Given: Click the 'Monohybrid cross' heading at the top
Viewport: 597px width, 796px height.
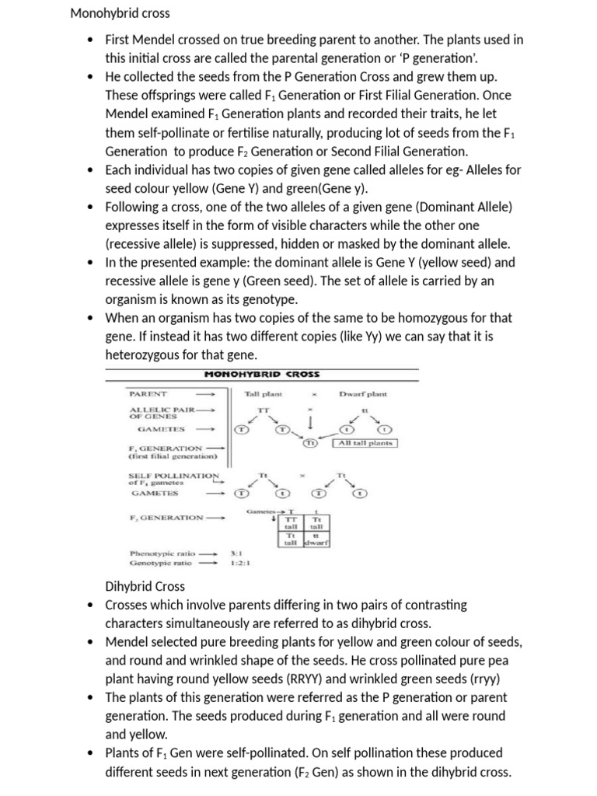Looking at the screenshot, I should click(x=120, y=13).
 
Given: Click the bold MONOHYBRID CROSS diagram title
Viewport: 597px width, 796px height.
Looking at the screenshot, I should click(x=261, y=374).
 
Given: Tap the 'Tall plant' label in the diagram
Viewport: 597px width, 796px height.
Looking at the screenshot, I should click(x=264, y=394).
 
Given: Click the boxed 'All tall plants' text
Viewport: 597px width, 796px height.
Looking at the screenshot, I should click(x=365, y=442).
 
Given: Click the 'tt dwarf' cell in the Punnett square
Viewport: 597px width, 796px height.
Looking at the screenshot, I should click(x=316, y=539).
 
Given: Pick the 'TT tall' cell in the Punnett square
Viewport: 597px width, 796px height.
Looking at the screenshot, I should click(x=292, y=522).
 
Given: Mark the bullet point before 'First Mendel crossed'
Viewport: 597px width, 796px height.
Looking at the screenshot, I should click(x=92, y=40).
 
